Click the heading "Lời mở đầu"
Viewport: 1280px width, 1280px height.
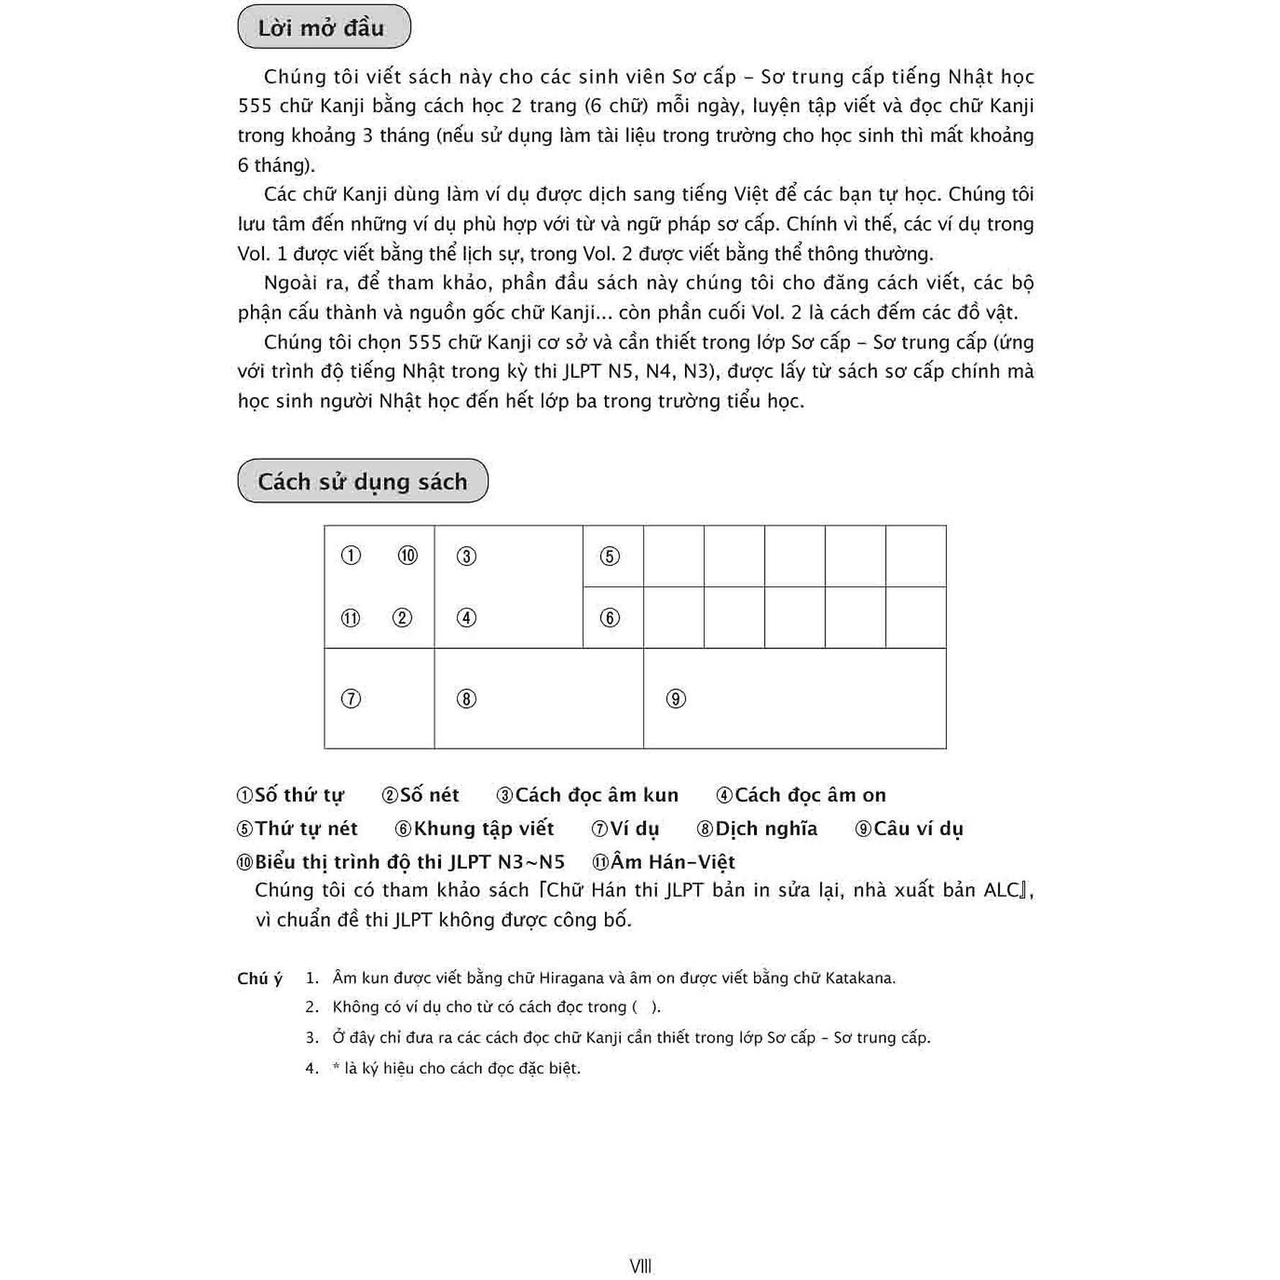[x=321, y=28]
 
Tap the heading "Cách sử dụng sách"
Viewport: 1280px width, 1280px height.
[x=362, y=481]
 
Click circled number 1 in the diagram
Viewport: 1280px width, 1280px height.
[x=350, y=555]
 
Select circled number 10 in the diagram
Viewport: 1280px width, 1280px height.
[x=407, y=555]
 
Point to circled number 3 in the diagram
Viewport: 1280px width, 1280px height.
[x=466, y=556]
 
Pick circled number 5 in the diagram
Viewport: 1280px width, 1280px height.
[x=609, y=556]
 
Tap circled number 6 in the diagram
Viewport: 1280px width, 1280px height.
[x=609, y=618]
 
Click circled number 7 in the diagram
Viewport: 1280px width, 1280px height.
[x=350, y=699]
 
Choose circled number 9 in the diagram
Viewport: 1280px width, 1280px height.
[x=676, y=699]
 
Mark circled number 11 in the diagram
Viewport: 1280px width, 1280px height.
[x=350, y=618]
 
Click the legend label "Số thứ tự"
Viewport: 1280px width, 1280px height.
[x=299, y=795]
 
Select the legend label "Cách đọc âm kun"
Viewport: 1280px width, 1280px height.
[x=596, y=795]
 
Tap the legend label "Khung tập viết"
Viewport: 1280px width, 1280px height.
[x=484, y=829]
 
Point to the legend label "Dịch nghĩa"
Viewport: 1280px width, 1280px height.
[x=766, y=829]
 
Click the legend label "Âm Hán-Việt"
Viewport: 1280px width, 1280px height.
[x=673, y=862]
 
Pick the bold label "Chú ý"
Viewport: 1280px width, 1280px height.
[x=260, y=979]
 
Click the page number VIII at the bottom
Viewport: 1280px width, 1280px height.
[x=640, y=1266]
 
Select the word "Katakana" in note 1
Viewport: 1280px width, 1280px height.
[x=860, y=979]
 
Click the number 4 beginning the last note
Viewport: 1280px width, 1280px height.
[x=311, y=1068]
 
